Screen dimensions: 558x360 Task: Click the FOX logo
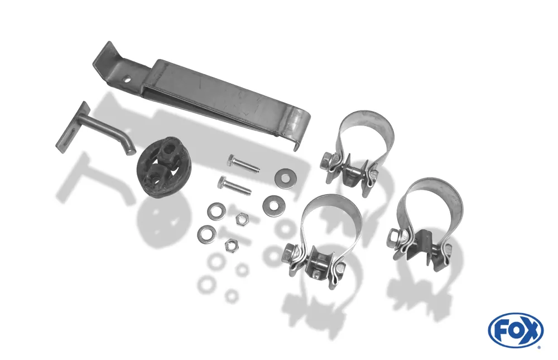click(x=516, y=330)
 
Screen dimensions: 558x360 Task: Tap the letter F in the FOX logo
click(x=502, y=330)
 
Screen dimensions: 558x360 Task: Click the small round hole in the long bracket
click(x=127, y=80)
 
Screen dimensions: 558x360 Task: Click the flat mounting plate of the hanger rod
click(x=72, y=127)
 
